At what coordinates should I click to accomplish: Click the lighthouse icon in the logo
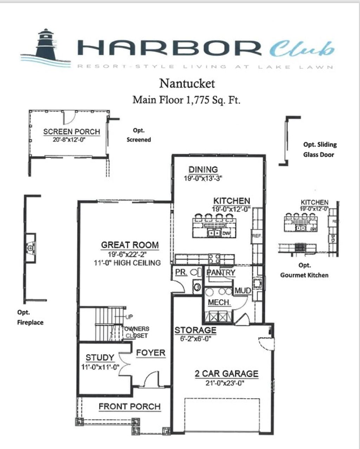45,44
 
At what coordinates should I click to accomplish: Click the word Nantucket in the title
187,84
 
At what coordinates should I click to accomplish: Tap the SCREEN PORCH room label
72,132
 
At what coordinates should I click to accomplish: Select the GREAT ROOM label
130,245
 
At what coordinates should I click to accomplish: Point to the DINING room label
203,169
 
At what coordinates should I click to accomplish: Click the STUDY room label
100,358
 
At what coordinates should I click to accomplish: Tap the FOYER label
150,353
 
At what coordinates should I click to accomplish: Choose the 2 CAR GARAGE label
226,373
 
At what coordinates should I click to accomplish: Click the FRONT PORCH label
129,406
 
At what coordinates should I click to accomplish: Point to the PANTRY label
221,273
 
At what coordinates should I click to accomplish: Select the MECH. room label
219,302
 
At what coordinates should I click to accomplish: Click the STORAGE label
195,330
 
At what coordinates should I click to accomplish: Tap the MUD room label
243,291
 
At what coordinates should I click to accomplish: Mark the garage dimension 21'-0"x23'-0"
225,383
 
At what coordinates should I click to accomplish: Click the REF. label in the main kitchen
256,236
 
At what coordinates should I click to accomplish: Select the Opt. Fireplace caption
30,317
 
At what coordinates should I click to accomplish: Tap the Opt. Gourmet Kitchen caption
304,271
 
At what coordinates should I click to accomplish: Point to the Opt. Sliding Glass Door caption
320,149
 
